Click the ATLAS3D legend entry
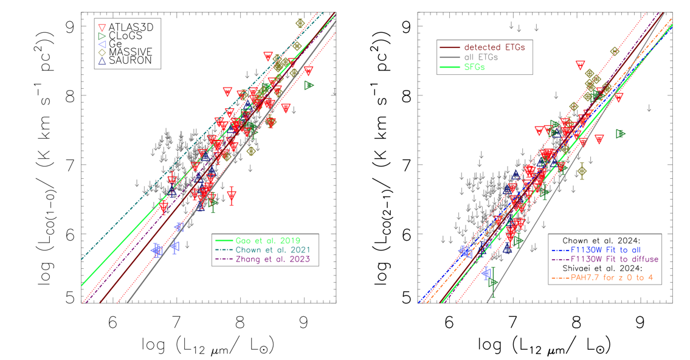tap(128, 27)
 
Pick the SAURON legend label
tap(126, 61)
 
